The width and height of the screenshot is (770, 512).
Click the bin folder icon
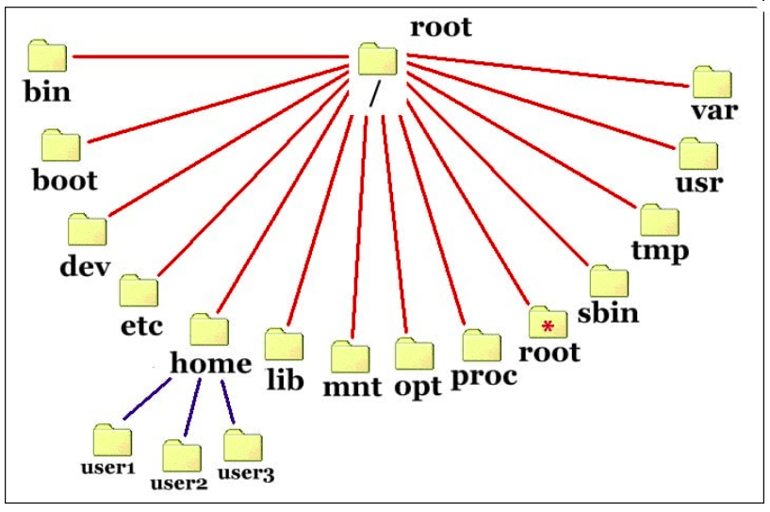coord(47,57)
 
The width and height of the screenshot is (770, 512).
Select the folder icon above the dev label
coord(87,230)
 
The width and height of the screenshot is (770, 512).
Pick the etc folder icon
coord(139,291)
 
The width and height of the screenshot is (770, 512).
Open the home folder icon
coord(208,330)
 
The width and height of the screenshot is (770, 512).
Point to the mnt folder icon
coord(351,357)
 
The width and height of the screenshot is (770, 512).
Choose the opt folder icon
coord(415,355)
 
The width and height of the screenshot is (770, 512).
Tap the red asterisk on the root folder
coord(548,327)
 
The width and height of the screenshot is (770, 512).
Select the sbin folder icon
coord(609,282)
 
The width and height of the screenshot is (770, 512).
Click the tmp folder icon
coord(659,221)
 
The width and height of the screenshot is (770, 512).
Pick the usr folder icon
coord(698,154)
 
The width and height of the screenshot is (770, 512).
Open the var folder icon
coord(712,83)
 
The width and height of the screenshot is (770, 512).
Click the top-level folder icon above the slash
coord(378,59)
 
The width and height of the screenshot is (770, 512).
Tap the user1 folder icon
coord(112,440)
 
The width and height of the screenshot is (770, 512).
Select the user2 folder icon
coord(181,456)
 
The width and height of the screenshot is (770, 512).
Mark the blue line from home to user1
coord(145,398)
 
